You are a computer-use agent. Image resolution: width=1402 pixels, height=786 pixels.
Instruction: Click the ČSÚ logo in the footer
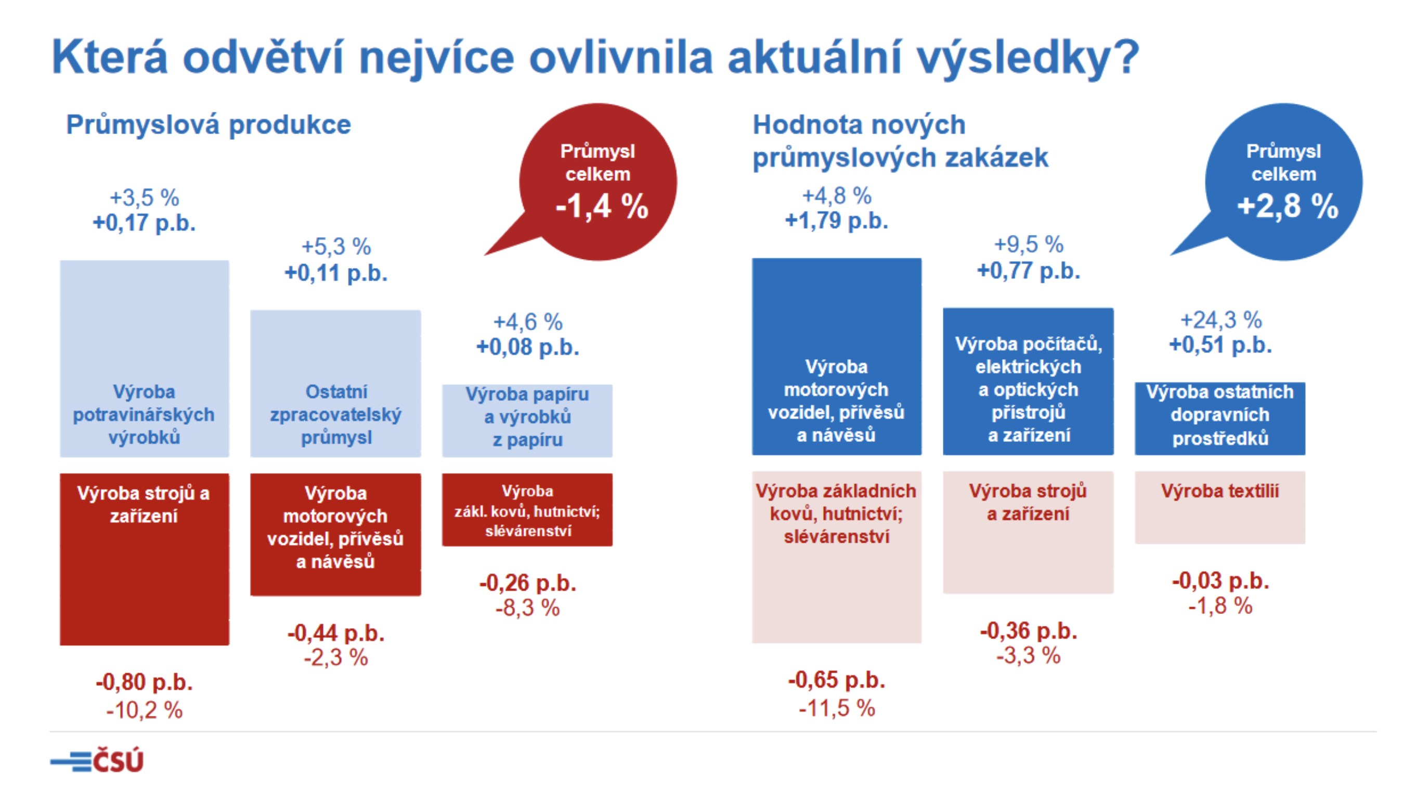tap(97, 760)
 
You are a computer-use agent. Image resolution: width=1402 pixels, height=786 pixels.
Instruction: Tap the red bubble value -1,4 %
tap(601, 207)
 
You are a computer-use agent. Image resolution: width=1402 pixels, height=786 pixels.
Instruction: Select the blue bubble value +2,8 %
tap(1287, 207)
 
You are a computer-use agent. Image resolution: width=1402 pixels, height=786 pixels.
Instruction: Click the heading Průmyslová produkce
tap(209, 125)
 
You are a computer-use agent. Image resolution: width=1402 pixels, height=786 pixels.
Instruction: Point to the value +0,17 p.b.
tap(144, 223)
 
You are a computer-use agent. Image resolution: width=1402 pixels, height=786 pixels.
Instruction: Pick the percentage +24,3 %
tap(1221, 320)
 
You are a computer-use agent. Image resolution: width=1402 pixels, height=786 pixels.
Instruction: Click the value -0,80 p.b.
tap(144, 682)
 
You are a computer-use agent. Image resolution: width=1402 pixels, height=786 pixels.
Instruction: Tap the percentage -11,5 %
tap(837, 708)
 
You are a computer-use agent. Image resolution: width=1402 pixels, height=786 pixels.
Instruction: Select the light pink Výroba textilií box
tap(1219, 507)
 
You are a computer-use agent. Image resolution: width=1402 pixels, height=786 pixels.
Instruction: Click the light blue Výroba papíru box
tap(527, 421)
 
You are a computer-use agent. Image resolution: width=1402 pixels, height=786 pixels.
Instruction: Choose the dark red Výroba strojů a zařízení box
tap(144, 559)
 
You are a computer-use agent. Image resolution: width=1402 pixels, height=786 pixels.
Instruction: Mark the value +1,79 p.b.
tap(837, 221)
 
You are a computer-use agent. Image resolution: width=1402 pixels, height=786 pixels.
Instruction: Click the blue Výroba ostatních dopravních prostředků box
tap(1219, 418)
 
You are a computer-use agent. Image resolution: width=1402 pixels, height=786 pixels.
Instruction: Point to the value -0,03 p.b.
tap(1221, 581)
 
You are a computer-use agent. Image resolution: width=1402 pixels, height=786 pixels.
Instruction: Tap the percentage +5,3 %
tap(336, 247)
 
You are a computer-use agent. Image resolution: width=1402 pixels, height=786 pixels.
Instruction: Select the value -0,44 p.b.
tap(336, 633)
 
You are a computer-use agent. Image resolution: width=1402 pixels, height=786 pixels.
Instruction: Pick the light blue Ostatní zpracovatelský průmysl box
tap(335, 384)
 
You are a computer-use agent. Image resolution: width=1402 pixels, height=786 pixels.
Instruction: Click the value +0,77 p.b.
tap(1029, 271)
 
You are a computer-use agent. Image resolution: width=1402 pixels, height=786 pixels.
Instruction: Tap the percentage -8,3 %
tap(527, 608)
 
